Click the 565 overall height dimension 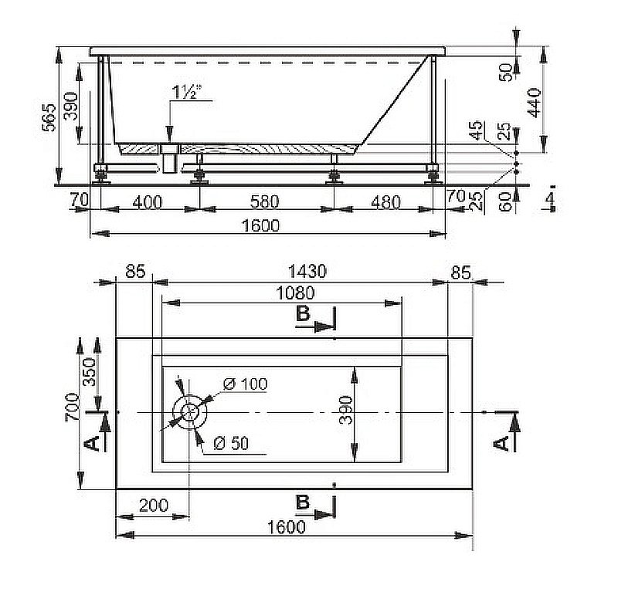pos(49,117)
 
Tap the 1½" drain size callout pos(186,92)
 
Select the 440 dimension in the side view pos(534,103)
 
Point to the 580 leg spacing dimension pos(264,201)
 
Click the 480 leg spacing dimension pos(385,202)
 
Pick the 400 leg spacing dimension pos(147,202)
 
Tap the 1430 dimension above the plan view pos(307,272)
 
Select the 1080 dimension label pos(296,293)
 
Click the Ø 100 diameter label pos(245,384)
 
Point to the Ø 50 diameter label pos(231,444)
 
